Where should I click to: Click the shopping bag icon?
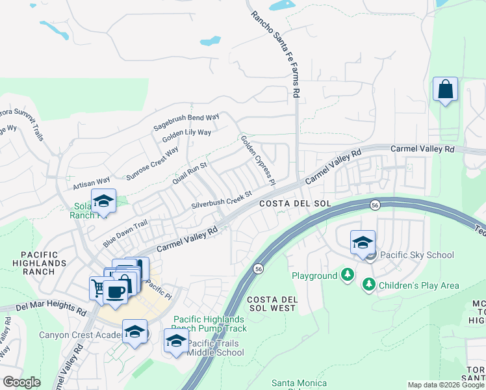click(446, 90)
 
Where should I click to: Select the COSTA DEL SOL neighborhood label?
click(296, 203)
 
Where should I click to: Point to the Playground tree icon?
click(348, 276)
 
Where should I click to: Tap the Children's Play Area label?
click(420, 285)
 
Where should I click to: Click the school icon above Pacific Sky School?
click(363, 243)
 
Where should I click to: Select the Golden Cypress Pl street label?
click(258, 159)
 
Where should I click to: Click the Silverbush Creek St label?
click(221, 200)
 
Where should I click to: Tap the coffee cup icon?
click(116, 291)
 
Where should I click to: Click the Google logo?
click(21, 382)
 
